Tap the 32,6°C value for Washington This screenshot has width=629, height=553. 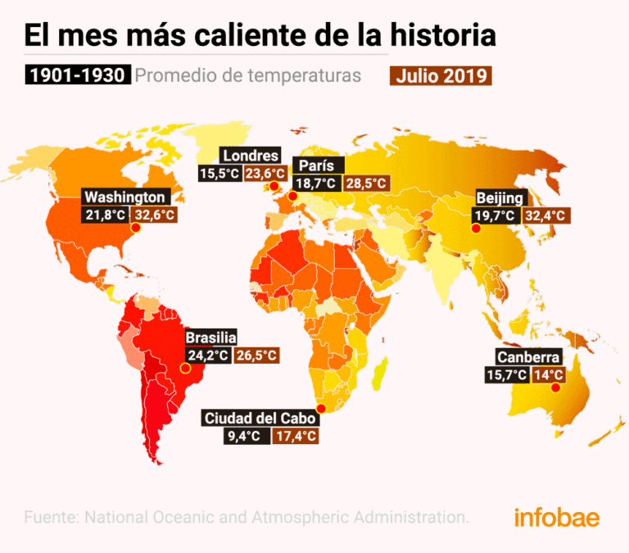pos(156,215)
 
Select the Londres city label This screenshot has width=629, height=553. pos(251,156)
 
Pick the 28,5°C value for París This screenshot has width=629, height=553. pos(364,184)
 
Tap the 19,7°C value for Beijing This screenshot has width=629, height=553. pos(495,216)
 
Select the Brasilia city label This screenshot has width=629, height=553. pos(210,338)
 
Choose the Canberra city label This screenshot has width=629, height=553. pos(528,358)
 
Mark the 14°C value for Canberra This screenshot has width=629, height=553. pos(549,375)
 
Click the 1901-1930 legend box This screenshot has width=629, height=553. pos(77,75)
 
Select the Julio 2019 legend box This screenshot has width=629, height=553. pos(441,75)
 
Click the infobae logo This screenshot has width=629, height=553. pos(556,518)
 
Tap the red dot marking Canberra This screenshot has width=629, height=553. pos(554,388)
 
